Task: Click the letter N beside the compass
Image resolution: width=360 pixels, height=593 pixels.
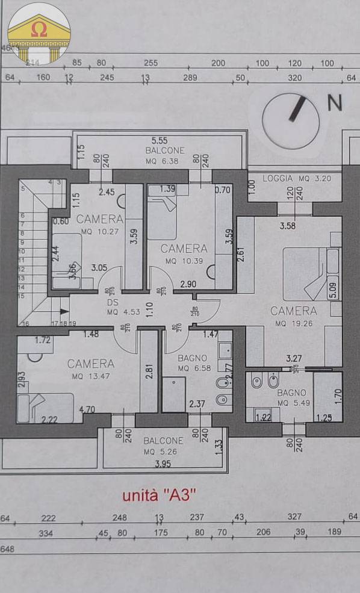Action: coord(334,103)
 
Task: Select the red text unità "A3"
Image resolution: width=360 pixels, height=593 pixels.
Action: coord(159,495)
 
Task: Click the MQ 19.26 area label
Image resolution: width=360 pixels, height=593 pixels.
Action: coord(293,323)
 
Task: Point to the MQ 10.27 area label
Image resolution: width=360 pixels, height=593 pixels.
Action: coord(99,231)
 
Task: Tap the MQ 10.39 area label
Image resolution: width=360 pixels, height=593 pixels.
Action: coord(184,259)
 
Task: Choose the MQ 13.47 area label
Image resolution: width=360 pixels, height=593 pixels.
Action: coord(90,376)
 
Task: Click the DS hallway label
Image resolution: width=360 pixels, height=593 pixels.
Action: coord(112,303)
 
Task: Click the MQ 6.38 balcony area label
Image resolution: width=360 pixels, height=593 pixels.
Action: coord(164,161)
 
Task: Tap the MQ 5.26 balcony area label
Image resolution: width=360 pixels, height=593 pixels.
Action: coord(163,452)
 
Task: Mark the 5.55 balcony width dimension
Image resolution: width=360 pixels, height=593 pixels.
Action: coord(160,140)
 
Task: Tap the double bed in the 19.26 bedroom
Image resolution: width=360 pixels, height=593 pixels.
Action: coord(304,273)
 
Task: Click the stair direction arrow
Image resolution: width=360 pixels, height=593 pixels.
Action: coord(63,311)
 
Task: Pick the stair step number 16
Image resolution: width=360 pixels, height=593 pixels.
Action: coord(26,323)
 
